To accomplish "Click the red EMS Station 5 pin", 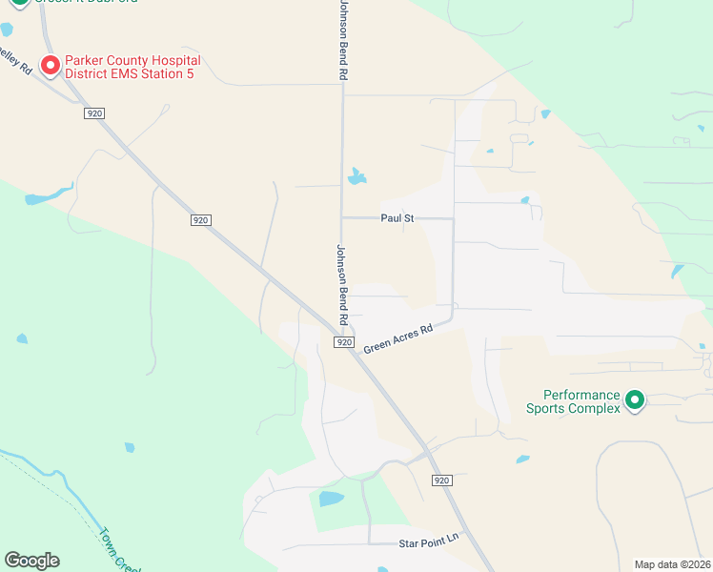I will tap(50, 65).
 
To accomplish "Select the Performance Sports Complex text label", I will tap(581, 401).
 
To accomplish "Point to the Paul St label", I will tap(397, 218).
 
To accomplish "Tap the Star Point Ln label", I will tap(429, 542).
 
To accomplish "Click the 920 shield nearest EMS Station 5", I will tap(93, 113).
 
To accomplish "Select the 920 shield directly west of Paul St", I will tap(199, 220).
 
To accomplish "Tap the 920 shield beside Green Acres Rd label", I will tap(345, 341).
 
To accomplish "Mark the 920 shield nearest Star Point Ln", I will tap(439, 480).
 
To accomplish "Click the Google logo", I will tap(31, 561).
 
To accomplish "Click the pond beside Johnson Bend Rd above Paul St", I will tap(357, 177).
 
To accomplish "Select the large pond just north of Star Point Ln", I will tap(331, 499).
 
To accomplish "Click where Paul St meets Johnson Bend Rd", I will tap(342, 218).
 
